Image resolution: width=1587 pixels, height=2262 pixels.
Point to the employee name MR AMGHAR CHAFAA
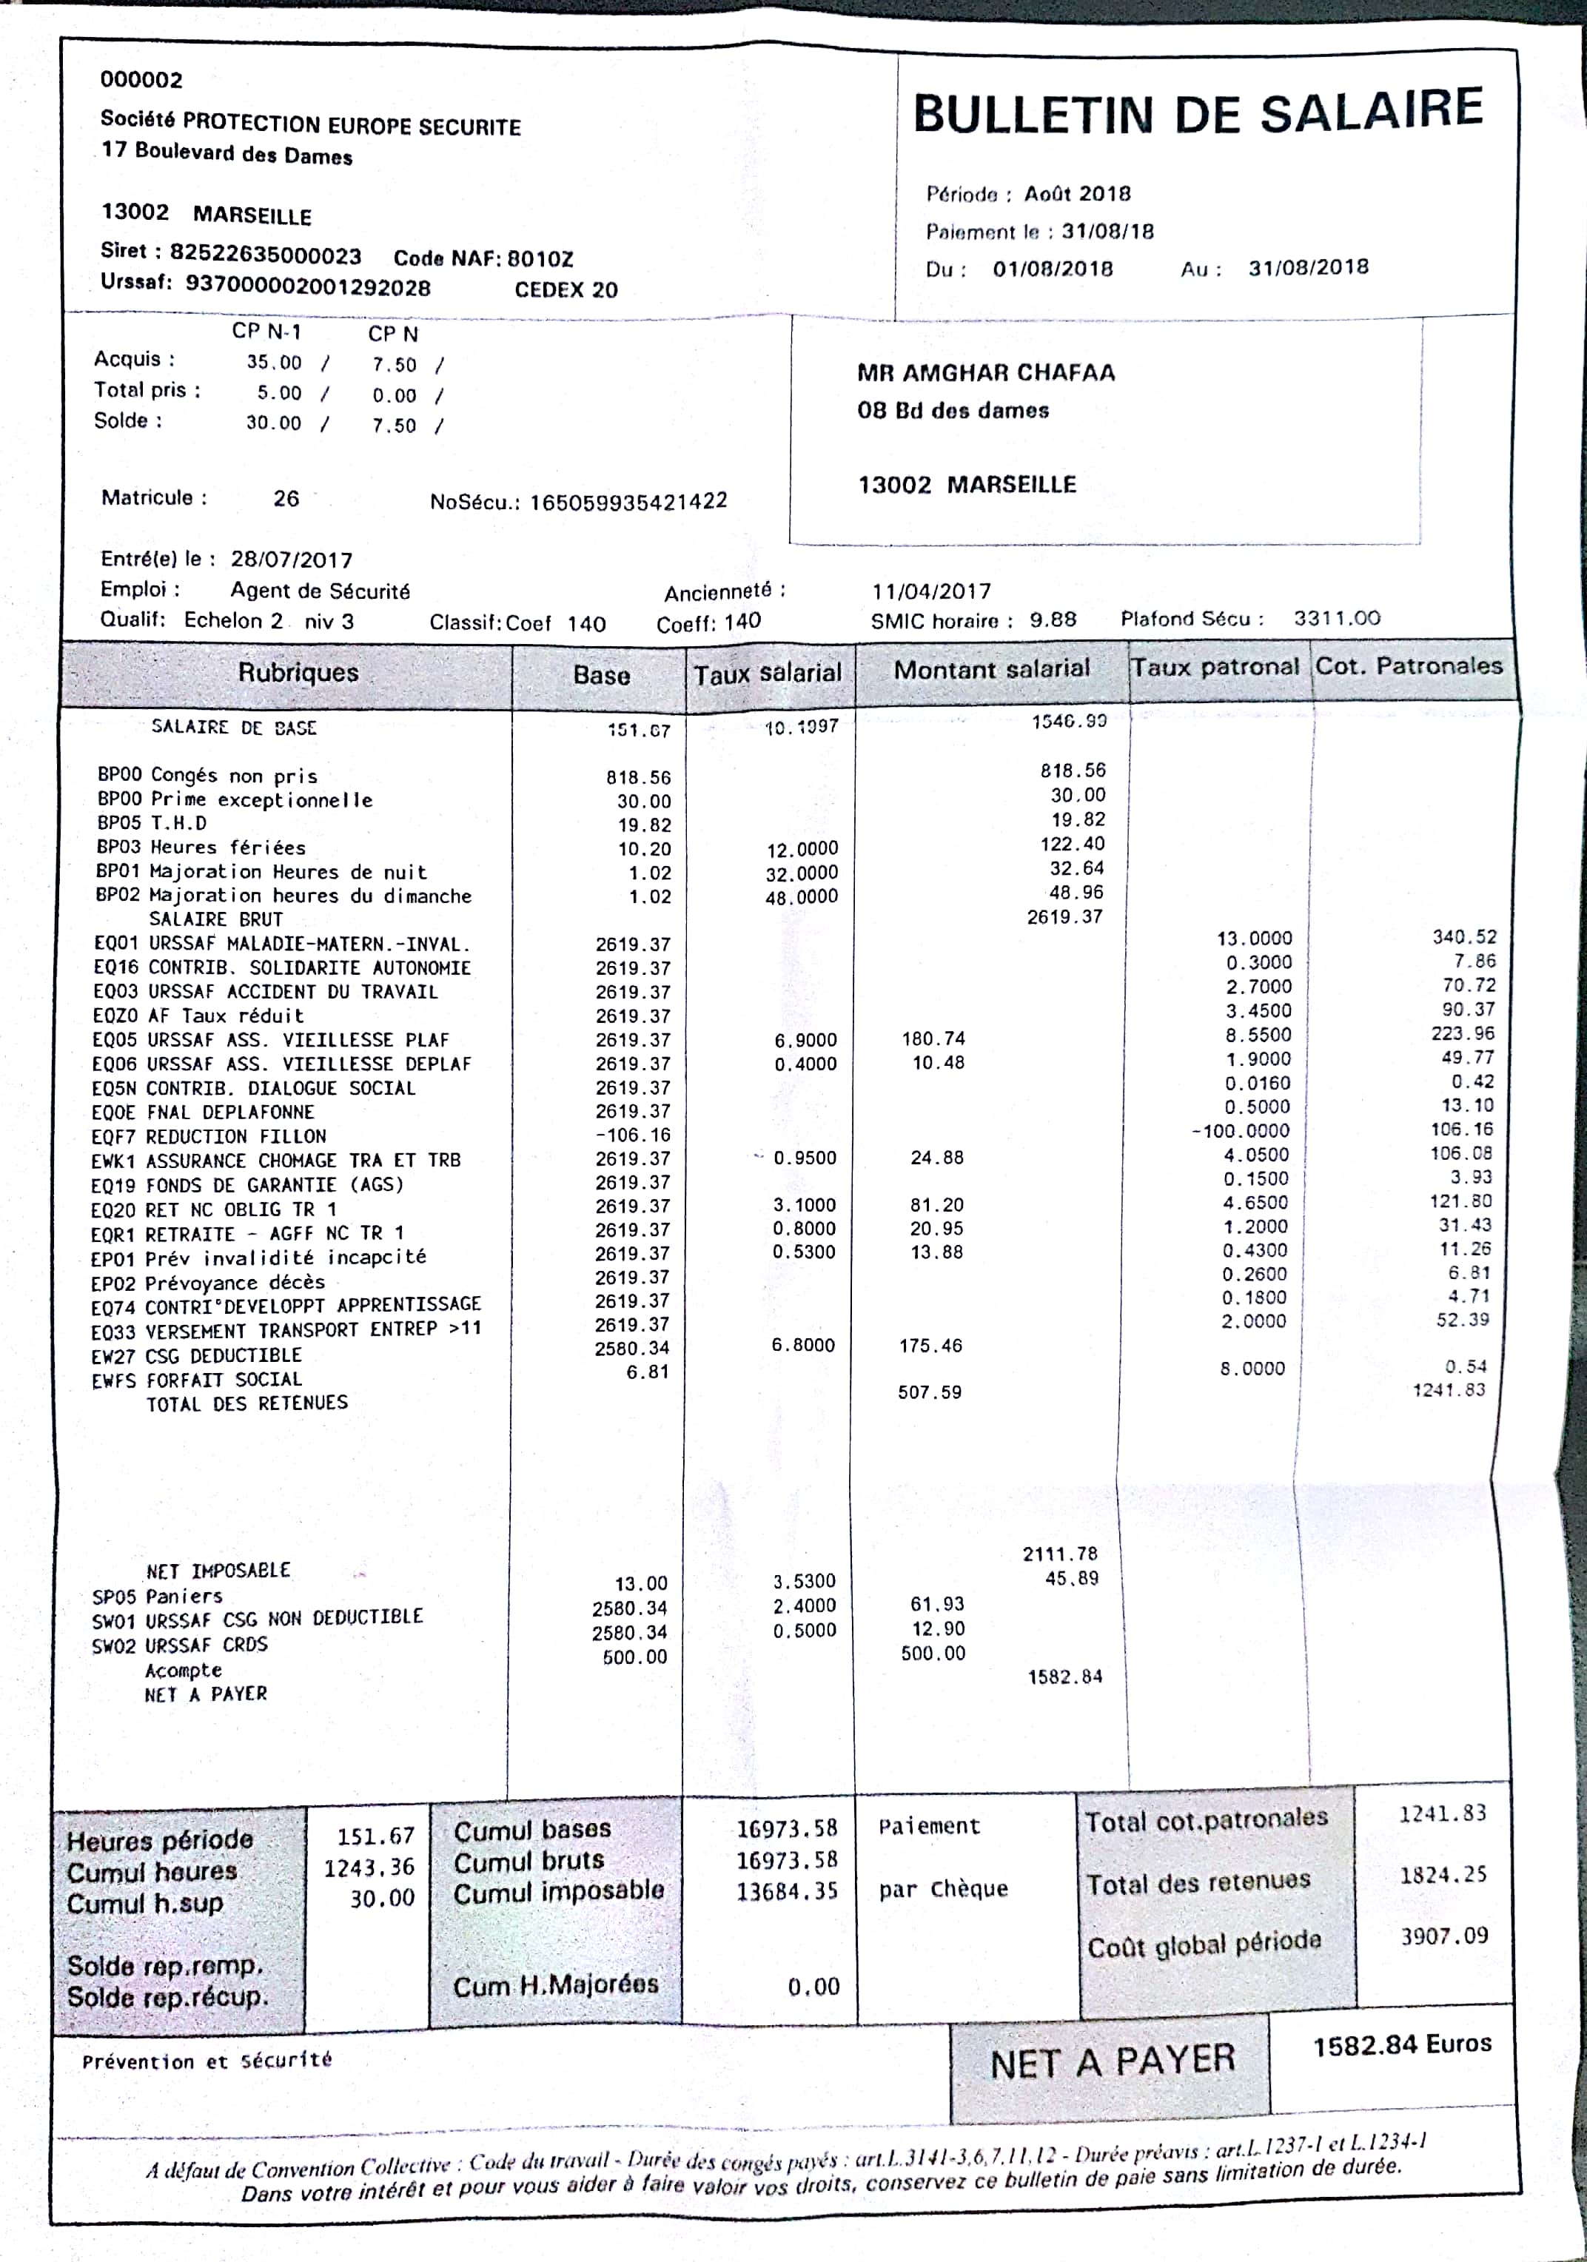click(x=985, y=372)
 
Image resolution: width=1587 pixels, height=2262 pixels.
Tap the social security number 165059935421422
click(x=628, y=501)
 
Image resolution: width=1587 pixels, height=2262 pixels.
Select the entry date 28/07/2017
click(x=292, y=560)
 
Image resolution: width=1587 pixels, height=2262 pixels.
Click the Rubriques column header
click(x=298, y=673)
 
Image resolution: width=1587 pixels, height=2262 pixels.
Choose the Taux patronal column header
click(x=1215, y=667)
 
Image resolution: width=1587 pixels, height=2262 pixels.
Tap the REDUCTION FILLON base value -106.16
click(x=631, y=1135)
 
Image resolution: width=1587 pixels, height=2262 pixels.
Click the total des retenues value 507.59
click(x=929, y=1392)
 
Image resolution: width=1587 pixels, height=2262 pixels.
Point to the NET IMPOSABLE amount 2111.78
click(x=1059, y=1554)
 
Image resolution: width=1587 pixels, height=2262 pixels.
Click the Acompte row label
click(x=184, y=1670)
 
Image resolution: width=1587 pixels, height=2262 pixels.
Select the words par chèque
click(x=943, y=1889)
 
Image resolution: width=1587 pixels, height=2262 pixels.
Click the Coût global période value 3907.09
click(x=1443, y=1936)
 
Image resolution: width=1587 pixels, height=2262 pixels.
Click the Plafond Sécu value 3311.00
click(x=1337, y=618)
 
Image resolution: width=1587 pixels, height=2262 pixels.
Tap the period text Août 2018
click(x=1077, y=193)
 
